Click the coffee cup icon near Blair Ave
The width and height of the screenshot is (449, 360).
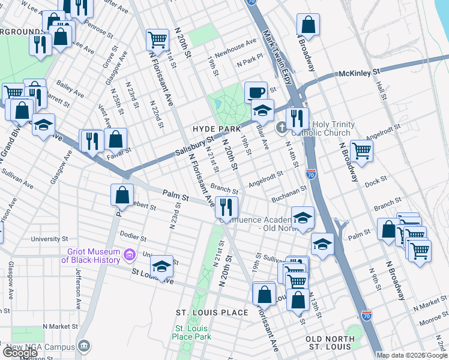pos(256,92)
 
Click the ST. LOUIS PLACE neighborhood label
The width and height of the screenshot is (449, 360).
pos(211,313)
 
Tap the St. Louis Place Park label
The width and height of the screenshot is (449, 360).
pos(193,332)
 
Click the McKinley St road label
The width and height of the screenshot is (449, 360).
pos(360,72)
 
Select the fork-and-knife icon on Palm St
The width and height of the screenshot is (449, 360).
pos(226,206)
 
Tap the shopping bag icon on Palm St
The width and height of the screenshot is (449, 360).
pos(122,194)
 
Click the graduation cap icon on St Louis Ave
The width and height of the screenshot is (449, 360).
pos(161,266)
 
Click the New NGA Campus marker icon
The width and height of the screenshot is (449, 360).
pos(84,346)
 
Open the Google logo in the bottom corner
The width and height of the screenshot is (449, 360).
pos(20,353)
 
